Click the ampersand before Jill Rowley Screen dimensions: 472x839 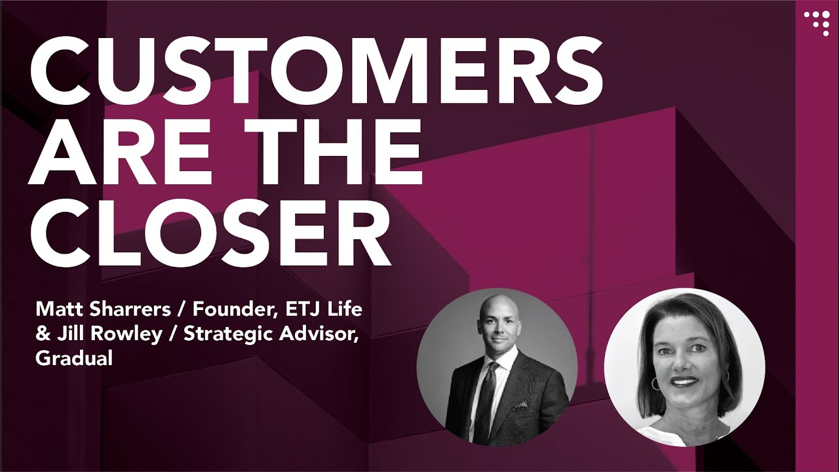click(42, 333)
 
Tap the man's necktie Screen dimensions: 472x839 click(487, 400)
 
